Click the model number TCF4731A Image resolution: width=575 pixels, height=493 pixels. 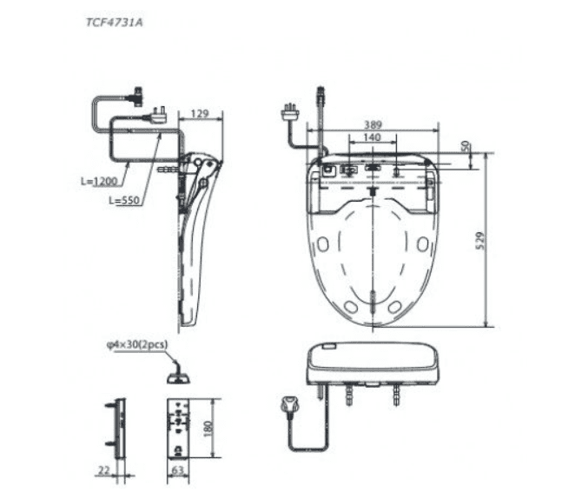[114, 23]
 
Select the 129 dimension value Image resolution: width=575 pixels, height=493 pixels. [200, 113]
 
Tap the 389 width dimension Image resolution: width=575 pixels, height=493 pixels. [373, 125]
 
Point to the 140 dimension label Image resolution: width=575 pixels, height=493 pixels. [372, 137]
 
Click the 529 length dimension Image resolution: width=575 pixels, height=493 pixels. [480, 241]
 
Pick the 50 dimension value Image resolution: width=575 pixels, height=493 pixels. [466, 146]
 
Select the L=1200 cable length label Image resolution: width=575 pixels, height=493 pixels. [99, 181]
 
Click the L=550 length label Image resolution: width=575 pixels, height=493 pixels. [124, 200]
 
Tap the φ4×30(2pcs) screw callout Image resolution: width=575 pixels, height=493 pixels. [137, 344]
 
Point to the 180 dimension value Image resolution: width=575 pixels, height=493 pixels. [208, 429]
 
